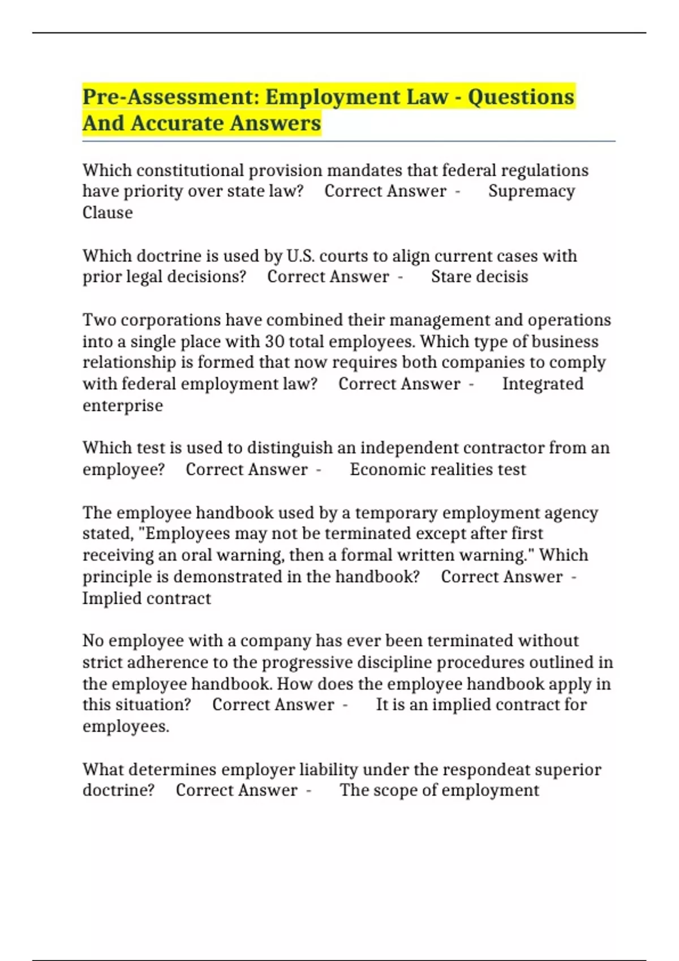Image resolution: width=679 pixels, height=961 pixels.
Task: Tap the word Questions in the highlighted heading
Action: click(521, 97)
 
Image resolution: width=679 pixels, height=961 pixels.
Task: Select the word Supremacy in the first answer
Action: click(531, 191)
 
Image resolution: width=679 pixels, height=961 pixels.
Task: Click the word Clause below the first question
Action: click(108, 213)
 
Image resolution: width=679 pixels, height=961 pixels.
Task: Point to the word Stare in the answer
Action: click(450, 276)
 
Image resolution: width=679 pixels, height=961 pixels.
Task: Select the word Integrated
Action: click(543, 384)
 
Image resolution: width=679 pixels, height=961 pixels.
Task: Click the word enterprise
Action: click(123, 405)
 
